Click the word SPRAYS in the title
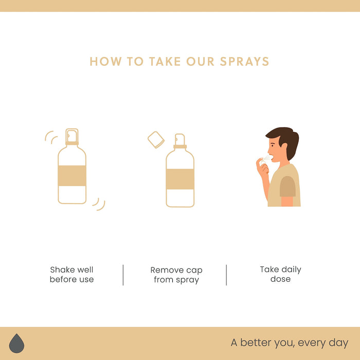coord(244,62)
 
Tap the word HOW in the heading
coord(105,62)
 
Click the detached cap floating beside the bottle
coord(156,140)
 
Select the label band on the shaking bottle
coord(72,176)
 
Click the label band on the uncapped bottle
coord(180,179)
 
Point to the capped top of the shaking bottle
coord(72,136)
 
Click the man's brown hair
coord(285,140)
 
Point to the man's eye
coord(272,146)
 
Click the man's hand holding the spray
coord(262,168)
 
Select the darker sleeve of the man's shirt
coord(287,186)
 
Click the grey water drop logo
coord(16,343)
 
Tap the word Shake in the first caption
coord(60,269)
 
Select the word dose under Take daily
coord(281,279)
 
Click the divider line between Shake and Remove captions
coord(123,275)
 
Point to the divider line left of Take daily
coord(226,275)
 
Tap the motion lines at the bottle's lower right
coord(99,204)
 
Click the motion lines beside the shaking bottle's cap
coord(51,137)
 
